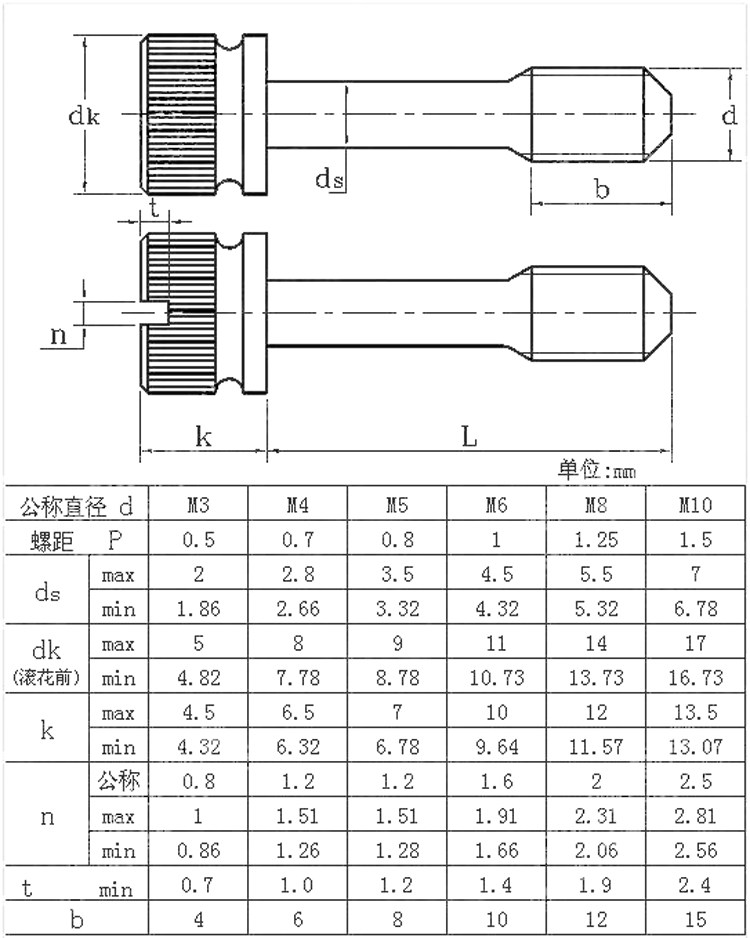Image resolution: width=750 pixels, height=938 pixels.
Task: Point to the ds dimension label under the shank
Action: coord(330,179)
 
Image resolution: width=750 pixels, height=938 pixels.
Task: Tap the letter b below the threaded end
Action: coord(601,189)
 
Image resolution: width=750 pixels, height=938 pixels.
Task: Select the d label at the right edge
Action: coord(729,116)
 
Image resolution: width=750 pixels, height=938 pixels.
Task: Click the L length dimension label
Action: coord(469,437)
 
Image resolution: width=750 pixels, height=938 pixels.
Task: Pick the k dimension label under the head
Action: coord(202,437)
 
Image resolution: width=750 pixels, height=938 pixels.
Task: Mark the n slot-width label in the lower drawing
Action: coord(59,336)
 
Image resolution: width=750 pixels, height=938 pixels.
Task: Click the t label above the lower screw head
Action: coord(153,206)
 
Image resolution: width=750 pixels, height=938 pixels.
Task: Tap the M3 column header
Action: coord(198,505)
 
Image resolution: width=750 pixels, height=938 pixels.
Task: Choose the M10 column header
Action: coord(695,505)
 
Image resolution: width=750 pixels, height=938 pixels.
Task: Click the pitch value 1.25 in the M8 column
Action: coord(596,540)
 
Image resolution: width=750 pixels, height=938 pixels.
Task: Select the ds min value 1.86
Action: coord(198,609)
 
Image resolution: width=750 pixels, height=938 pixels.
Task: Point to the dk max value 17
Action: coord(695,644)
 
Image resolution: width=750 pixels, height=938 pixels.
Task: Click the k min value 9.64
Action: coord(496,747)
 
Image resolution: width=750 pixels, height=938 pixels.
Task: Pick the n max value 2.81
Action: coord(695,816)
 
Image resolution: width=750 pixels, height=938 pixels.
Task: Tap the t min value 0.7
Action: coord(198,885)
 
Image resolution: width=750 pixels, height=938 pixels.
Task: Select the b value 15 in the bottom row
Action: coord(695,920)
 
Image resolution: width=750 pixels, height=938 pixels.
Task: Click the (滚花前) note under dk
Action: coord(47,679)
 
